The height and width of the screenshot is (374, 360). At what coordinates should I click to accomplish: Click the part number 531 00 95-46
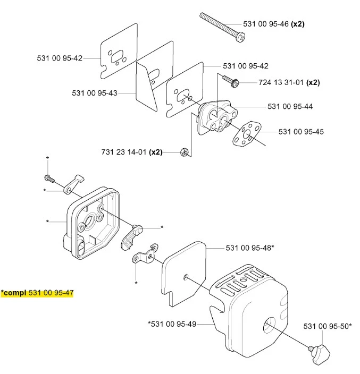point(266,24)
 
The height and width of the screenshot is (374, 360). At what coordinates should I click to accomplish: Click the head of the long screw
point(241,37)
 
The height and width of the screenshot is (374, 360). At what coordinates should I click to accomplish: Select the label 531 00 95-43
point(95,93)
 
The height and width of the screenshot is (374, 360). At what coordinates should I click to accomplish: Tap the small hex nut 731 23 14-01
point(185,152)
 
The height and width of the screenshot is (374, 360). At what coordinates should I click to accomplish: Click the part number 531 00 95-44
point(290,106)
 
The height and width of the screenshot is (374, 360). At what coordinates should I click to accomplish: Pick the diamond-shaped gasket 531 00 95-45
point(247,134)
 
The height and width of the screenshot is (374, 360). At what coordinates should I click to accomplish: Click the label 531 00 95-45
point(301,132)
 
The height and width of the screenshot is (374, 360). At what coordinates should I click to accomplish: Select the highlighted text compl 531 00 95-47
point(37,293)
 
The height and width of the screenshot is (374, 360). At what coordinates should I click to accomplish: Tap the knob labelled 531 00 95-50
point(320,353)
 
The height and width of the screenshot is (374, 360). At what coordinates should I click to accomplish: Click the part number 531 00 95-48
point(248,248)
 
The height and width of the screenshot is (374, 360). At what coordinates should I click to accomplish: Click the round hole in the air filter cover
point(270,326)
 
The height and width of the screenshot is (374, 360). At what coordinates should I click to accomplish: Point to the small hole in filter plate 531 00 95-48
point(186,277)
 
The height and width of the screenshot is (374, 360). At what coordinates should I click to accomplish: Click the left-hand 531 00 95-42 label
point(60,58)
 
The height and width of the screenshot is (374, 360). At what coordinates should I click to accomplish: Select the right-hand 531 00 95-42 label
point(246,66)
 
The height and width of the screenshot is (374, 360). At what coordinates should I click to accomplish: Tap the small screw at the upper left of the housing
point(49,178)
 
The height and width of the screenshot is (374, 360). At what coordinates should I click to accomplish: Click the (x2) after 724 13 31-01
point(313,82)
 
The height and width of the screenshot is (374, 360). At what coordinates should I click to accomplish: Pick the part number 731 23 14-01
point(124,152)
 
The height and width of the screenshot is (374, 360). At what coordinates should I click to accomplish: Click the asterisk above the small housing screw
point(48,158)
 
